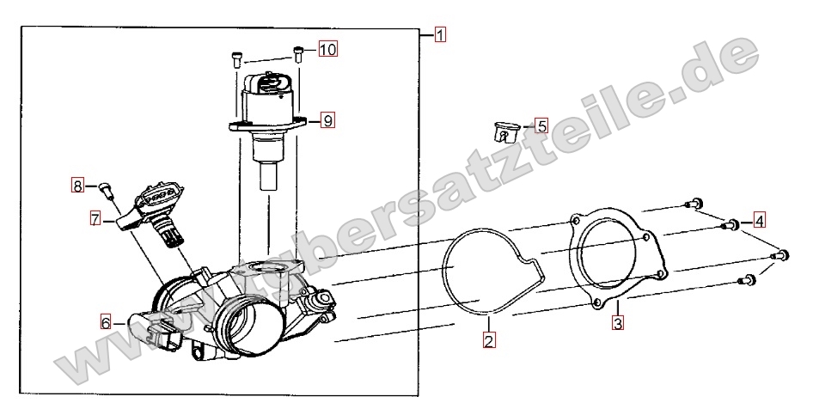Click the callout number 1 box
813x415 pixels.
pyautogui.click(x=439, y=35)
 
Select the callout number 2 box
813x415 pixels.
pyautogui.click(x=488, y=340)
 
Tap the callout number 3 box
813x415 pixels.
pyautogui.click(x=617, y=324)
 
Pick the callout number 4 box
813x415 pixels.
pyautogui.click(x=759, y=221)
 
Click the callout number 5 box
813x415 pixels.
pyautogui.click(x=541, y=125)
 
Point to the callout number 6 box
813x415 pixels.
pyautogui.click(x=106, y=323)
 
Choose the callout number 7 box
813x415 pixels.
pyautogui.click(x=95, y=219)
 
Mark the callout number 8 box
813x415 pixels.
pyautogui.click(x=77, y=186)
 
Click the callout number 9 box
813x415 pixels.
pyautogui.click(x=327, y=120)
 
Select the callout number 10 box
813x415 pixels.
pyautogui.click(x=327, y=49)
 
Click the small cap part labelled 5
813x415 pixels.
pyautogui.click(x=505, y=131)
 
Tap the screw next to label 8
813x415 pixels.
pyautogui.click(x=107, y=190)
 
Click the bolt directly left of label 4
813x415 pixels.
pyautogui.click(x=729, y=225)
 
